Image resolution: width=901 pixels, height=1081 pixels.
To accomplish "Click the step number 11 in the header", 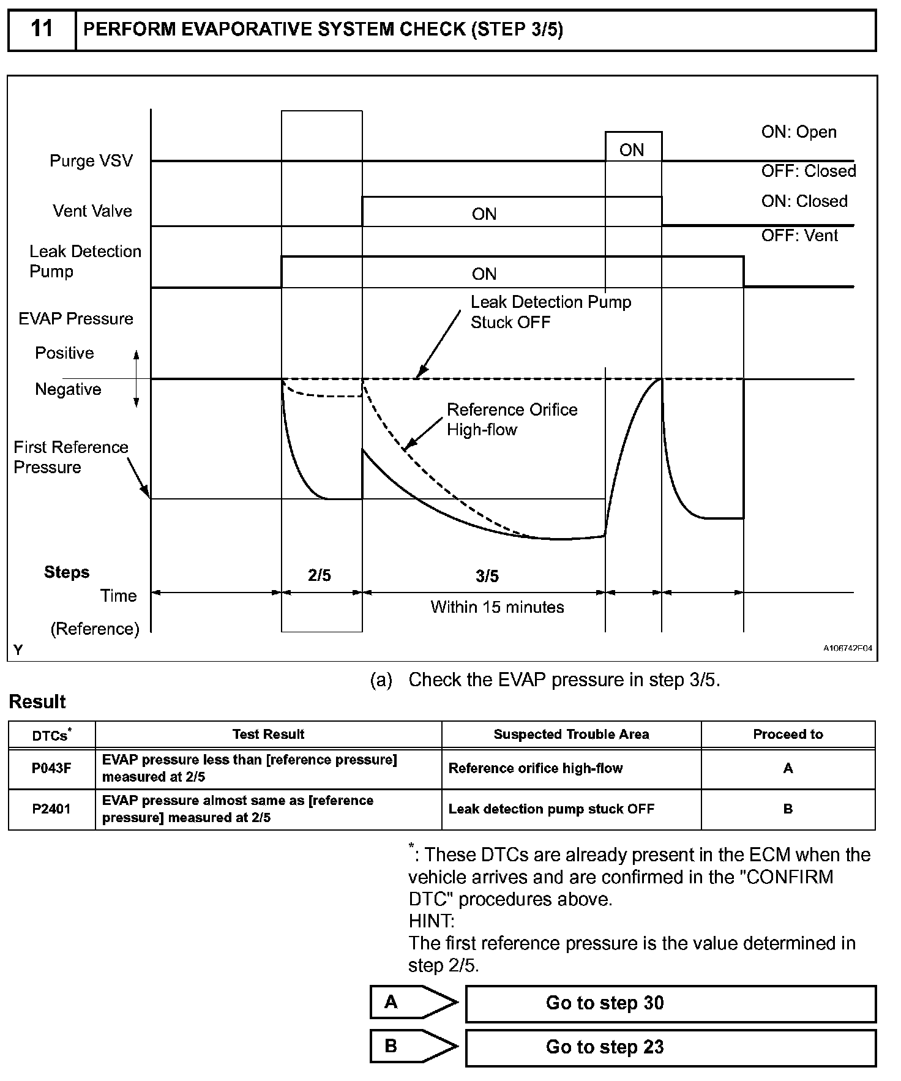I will coord(42,29).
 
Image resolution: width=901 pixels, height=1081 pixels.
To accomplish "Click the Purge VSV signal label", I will coord(91,161).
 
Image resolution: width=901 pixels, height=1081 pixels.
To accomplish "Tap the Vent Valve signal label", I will coord(92,211).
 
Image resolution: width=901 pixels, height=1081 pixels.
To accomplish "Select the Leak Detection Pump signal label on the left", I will coord(85,261).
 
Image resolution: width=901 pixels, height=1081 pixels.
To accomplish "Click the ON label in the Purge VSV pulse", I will coord(632,150).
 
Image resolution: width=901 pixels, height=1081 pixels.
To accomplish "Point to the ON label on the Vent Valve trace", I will coord(484,214).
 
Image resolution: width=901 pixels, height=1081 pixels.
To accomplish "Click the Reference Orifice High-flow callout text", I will coord(512,419).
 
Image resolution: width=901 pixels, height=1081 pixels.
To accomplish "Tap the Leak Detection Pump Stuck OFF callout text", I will coord(550,312).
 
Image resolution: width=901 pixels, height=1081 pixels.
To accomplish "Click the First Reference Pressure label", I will coord(70,457).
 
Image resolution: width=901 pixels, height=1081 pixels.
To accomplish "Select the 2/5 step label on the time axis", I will coord(320,575).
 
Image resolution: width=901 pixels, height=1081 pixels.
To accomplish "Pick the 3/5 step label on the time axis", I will coord(487,576).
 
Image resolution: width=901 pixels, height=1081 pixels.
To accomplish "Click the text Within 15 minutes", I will coord(497,607).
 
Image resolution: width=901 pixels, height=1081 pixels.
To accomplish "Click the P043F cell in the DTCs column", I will coord(51,768).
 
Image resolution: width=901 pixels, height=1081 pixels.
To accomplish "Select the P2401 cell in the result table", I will coord(51,809).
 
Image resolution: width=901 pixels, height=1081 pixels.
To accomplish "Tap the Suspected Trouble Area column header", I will coord(571,735).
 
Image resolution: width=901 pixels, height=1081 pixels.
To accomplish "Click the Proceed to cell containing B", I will coord(788,809).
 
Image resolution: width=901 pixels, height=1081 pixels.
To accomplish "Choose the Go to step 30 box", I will coord(670,1003).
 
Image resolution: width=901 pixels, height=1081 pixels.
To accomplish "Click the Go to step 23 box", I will coord(670,1047).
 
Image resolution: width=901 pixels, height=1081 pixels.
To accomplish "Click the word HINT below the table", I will coord(431,921).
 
